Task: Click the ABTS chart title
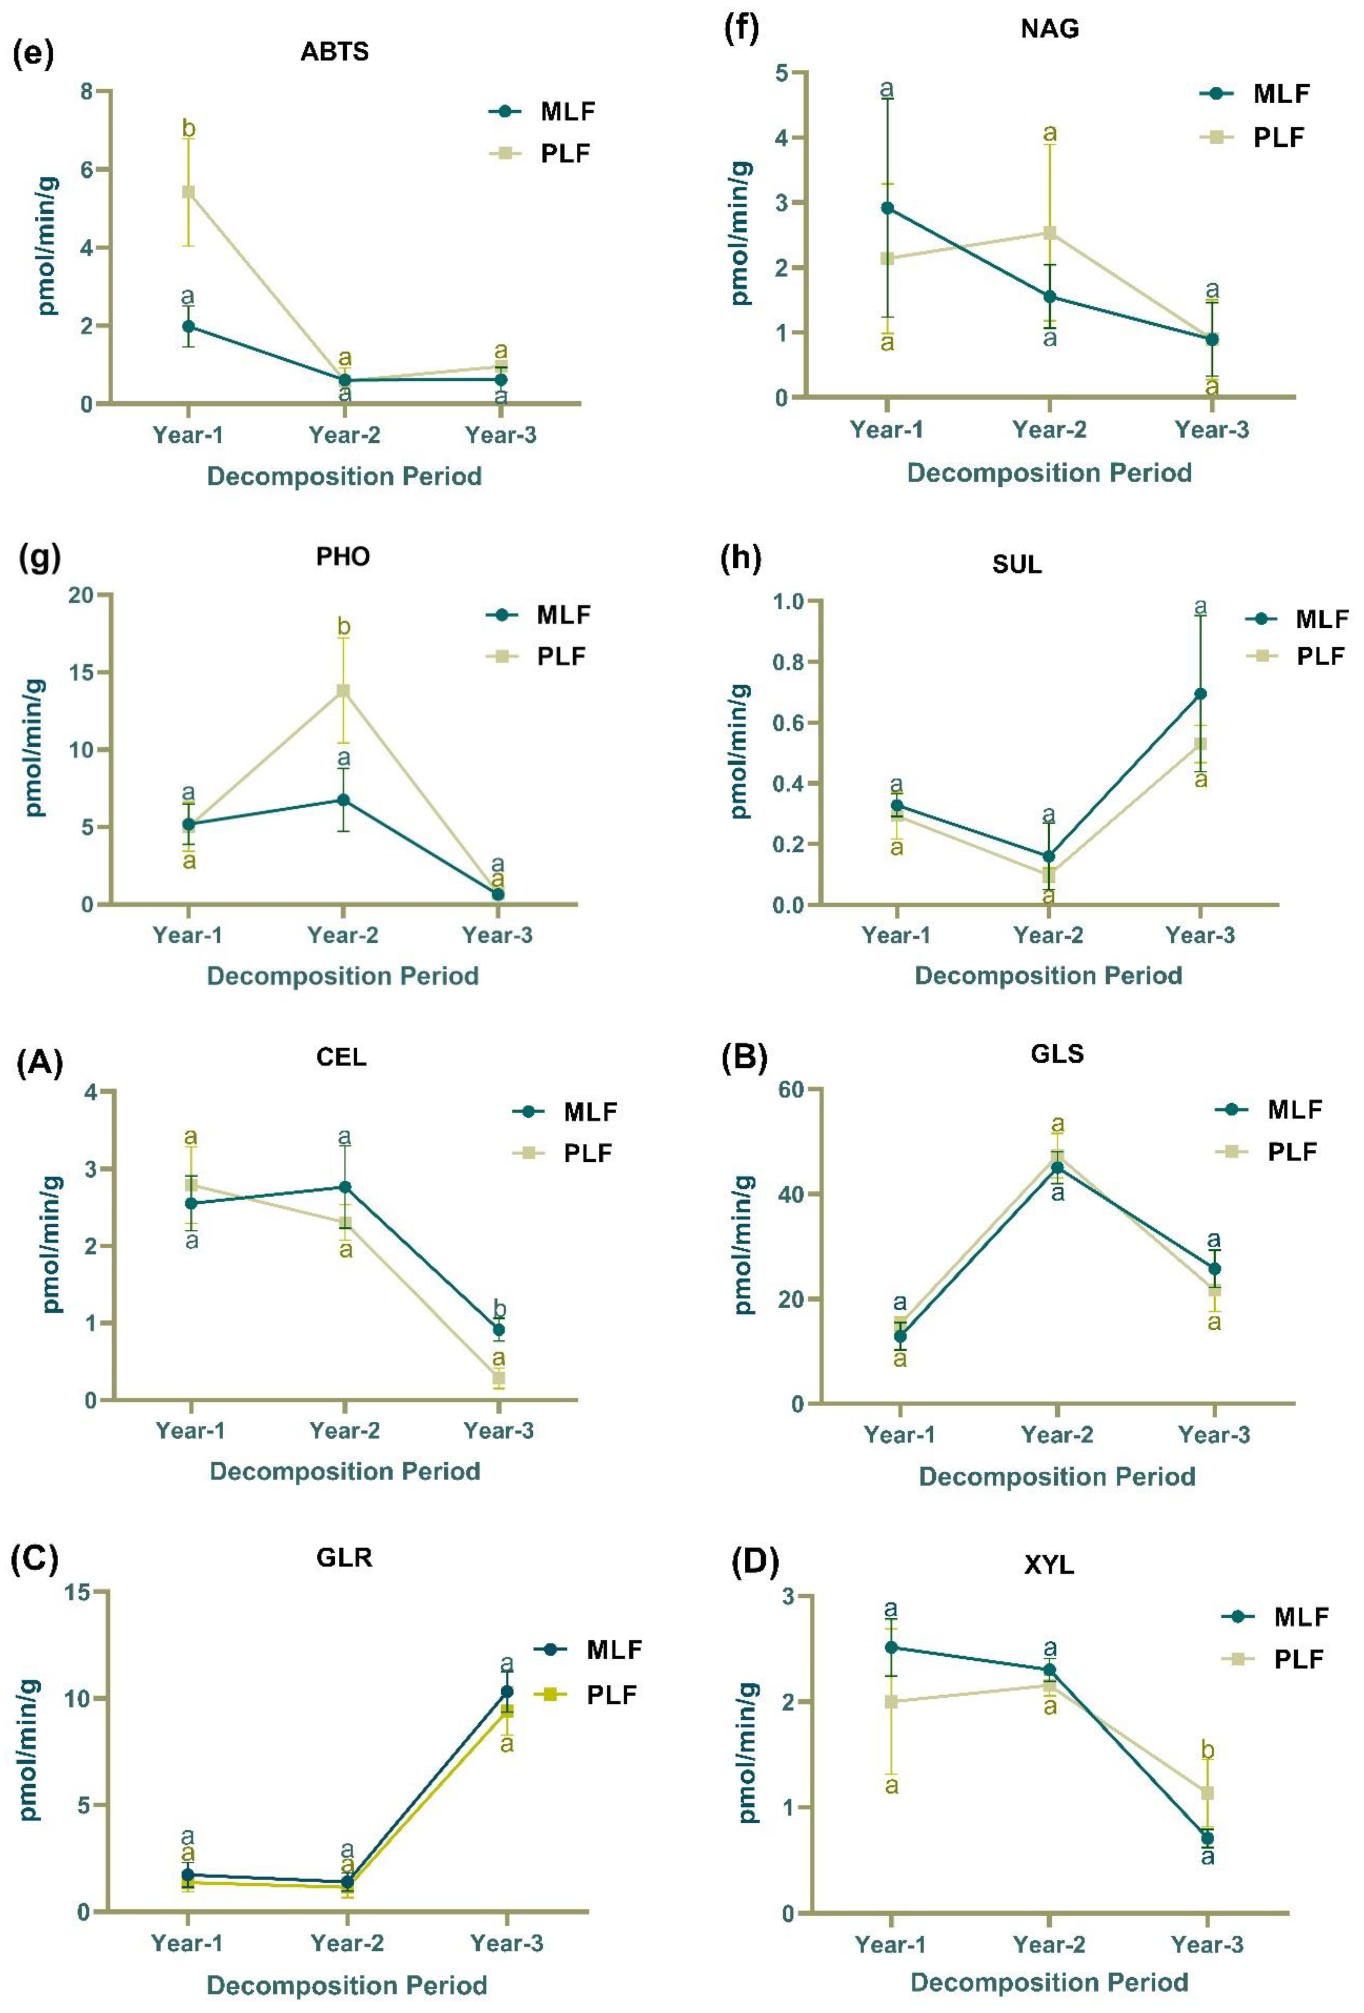(334, 52)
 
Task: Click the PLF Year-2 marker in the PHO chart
(344, 690)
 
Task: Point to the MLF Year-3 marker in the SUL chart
(1200, 694)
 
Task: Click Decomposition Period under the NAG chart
(1049, 473)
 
